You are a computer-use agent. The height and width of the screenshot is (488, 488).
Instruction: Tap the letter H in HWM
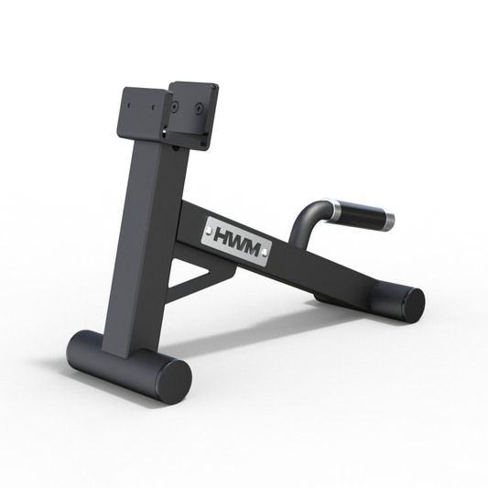(224, 235)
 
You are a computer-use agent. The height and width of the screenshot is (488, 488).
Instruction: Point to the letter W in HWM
(239, 240)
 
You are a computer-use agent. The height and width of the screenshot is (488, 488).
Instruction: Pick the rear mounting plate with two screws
(194, 114)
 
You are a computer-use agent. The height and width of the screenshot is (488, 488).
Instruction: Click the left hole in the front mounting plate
(129, 106)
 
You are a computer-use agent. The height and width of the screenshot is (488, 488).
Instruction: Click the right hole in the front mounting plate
(150, 110)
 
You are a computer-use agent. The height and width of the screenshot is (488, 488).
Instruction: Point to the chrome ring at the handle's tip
(388, 220)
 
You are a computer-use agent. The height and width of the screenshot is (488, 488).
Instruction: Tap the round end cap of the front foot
(171, 377)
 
